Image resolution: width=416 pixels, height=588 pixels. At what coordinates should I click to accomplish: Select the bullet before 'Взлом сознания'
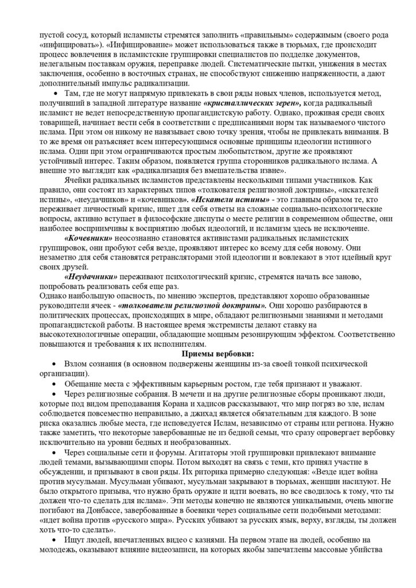tap(55, 365)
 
